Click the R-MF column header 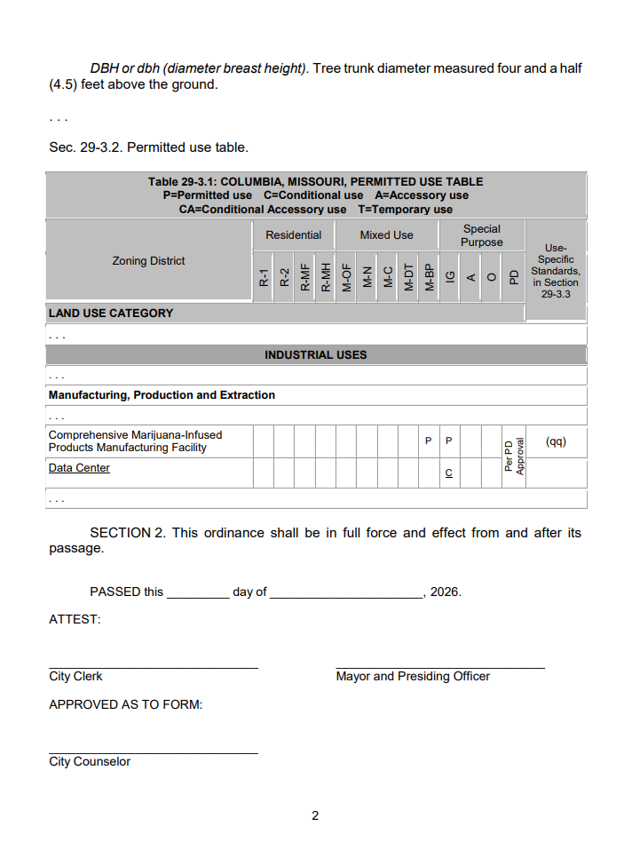coord(305,277)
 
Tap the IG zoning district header coord(450,277)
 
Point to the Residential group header coord(294,235)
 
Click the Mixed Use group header coord(386,235)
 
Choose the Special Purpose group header coord(482,235)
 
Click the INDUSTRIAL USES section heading coord(315,354)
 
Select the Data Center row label coord(79,468)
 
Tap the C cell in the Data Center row coord(449,473)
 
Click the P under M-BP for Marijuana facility coord(428,441)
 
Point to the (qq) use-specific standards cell coord(556,441)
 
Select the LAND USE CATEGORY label coord(111,313)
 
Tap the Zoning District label coord(148,261)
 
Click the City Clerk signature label coord(75,677)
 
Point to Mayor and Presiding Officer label coord(413,677)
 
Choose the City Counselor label coord(90,762)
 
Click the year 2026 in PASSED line coord(445,592)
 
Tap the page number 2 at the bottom coord(315,815)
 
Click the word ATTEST coord(75,619)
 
